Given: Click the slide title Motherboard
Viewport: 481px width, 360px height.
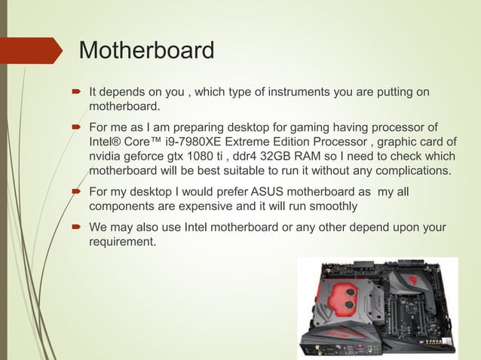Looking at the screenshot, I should (x=146, y=51).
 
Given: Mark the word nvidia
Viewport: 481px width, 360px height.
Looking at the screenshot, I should (x=107, y=156).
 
